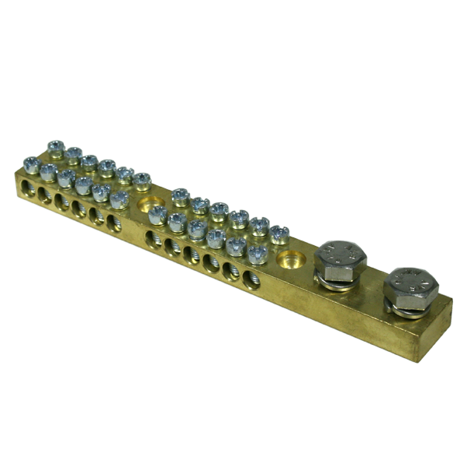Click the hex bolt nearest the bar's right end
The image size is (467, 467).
click(x=410, y=286)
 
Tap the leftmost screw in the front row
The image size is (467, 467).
click(x=31, y=164)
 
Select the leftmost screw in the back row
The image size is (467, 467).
click(x=55, y=146)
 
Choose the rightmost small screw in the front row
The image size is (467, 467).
click(x=257, y=253)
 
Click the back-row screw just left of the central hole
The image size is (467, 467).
click(x=142, y=181)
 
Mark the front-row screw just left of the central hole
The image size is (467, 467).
click(x=118, y=199)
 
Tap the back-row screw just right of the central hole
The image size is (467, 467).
click(x=181, y=196)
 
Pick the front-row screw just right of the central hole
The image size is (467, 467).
click(x=158, y=214)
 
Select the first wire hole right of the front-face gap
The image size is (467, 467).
click(x=153, y=238)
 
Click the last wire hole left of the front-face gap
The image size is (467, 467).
click(x=114, y=223)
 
